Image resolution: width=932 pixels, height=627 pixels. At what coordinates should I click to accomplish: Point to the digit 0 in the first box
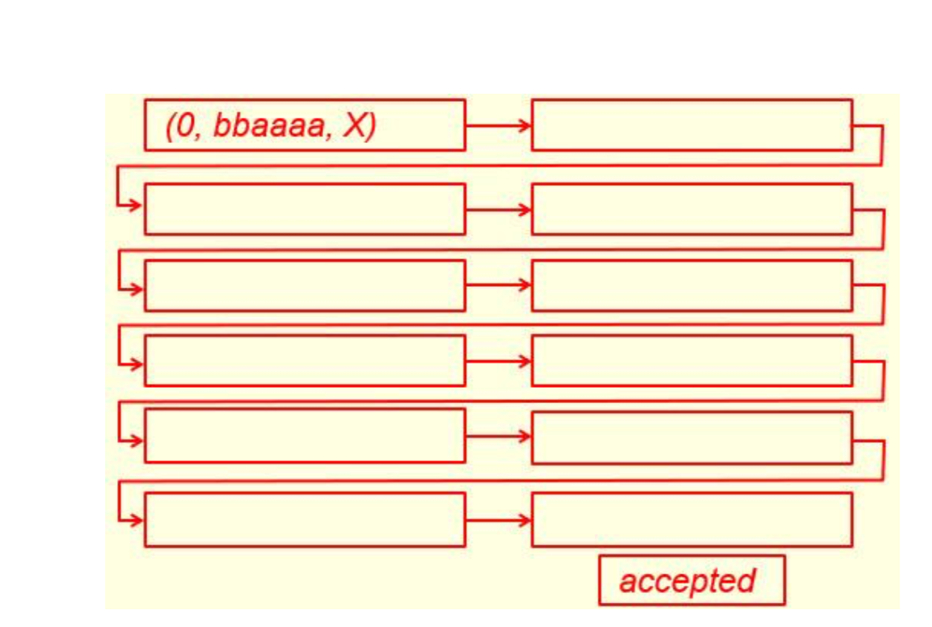183,128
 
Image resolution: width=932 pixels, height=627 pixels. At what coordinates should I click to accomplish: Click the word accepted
687,580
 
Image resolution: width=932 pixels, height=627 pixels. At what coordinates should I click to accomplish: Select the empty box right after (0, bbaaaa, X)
691,125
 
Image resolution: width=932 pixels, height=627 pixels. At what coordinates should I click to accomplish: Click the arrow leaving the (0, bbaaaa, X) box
497,125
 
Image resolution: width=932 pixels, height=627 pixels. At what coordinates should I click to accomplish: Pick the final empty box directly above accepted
691,520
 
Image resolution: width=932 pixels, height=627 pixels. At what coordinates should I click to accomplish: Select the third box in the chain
304,209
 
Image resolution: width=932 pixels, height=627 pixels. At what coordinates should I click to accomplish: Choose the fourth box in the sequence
691,209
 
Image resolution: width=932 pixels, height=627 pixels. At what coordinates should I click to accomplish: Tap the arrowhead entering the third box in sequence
136,206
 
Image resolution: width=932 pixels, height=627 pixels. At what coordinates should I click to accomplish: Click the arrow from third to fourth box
497,209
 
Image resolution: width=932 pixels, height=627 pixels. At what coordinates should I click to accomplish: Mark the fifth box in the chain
304,285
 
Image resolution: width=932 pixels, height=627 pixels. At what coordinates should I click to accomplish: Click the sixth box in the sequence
691,285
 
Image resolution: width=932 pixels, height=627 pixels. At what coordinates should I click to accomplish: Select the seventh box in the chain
304,360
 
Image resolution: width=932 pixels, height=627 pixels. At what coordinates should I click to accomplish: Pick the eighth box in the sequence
691,360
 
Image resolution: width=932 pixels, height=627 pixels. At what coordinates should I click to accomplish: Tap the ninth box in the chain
304,436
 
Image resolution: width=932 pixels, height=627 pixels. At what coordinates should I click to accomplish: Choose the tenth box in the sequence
691,437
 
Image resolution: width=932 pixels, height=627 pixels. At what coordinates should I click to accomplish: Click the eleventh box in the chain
304,520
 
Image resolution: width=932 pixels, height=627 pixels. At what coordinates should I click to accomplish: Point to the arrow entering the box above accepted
497,520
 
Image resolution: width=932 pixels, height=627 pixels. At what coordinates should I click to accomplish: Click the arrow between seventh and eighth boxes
497,360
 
